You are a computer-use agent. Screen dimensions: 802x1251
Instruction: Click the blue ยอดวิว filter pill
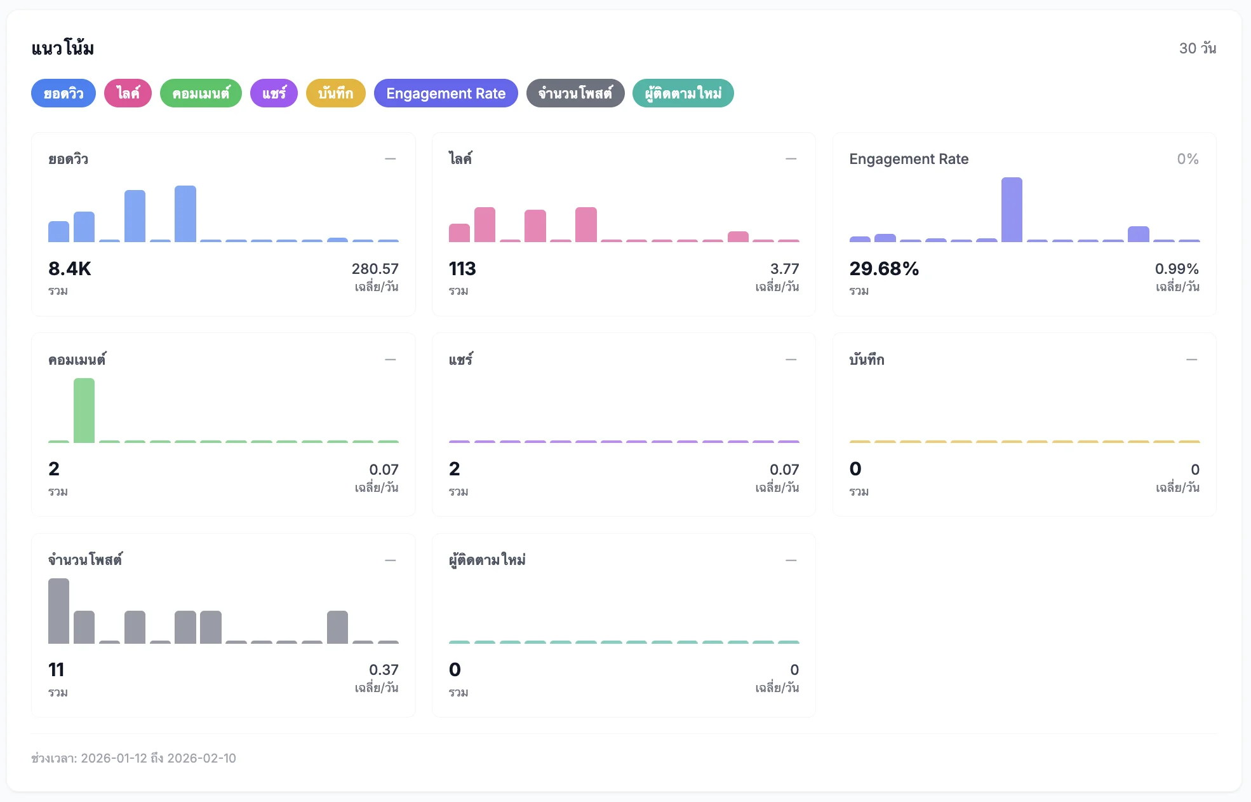[63, 93]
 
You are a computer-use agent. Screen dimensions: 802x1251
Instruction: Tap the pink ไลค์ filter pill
[128, 93]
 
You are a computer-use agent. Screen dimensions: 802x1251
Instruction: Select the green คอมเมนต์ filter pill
[201, 93]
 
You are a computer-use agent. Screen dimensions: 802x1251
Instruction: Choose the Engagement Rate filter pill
[446, 93]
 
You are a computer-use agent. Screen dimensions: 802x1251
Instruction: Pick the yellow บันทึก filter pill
[335, 93]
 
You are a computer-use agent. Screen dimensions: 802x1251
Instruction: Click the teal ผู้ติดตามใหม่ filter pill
[683, 93]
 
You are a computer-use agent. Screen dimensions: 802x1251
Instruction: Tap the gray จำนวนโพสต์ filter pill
[575, 93]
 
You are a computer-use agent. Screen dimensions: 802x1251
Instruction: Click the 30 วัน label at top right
[1197, 48]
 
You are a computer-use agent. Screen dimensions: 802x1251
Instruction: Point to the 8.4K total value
[70, 269]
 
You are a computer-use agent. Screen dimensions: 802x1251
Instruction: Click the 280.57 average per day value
[375, 269]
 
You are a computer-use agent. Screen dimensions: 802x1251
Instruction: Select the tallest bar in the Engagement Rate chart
[1012, 210]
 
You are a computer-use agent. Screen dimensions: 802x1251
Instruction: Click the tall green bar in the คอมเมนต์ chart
[84, 410]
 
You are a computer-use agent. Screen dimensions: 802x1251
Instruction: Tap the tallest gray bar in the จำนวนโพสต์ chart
[58, 611]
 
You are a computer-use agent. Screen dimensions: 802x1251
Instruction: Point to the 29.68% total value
[884, 269]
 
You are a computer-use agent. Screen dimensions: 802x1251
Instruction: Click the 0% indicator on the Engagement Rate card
[1187, 159]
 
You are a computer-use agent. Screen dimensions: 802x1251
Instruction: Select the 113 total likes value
[462, 269]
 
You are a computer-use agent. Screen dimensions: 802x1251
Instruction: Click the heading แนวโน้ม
[63, 48]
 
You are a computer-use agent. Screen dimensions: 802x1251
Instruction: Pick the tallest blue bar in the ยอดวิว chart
[185, 214]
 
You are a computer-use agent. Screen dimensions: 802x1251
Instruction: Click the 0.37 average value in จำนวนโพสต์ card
[384, 670]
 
